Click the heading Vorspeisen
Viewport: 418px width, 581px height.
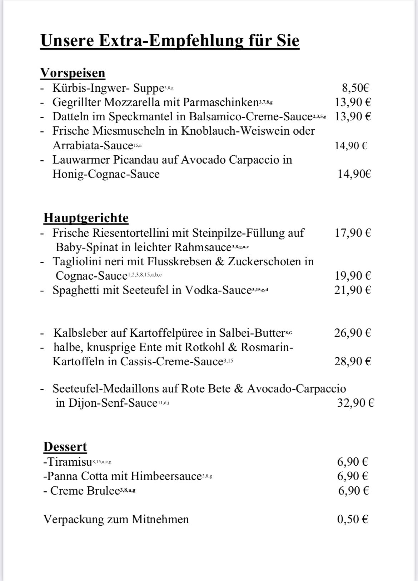click(x=73, y=73)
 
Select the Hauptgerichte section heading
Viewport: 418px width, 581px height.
click(x=86, y=218)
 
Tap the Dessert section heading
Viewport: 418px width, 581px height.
click(x=65, y=447)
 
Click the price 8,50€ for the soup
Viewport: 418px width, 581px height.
click(x=355, y=88)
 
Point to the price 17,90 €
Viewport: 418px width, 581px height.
click(x=353, y=233)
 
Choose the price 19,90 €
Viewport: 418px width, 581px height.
click(x=353, y=276)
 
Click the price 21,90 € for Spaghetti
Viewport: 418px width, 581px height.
click(x=353, y=290)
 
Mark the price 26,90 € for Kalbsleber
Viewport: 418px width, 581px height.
click(x=353, y=333)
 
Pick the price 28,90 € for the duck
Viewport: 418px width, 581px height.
click(x=353, y=361)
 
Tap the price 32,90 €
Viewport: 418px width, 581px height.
click(x=355, y=403)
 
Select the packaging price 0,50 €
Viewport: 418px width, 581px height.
click(x=353, y=519)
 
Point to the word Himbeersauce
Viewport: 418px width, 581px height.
click(x=166, y=476)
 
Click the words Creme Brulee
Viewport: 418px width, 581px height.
click(x=85, y=491)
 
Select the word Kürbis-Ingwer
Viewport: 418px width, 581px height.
click(x=89, y=88)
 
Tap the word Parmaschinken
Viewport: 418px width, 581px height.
click(x=221, y=102)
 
